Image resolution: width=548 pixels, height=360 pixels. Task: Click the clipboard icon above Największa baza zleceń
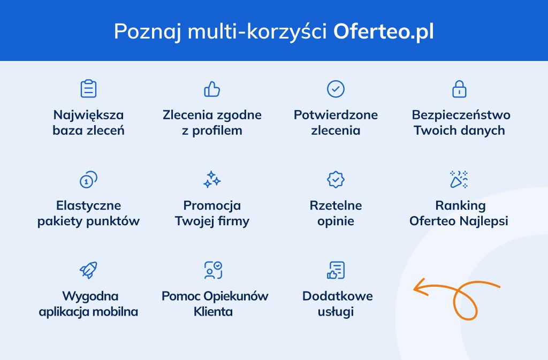[88, 89]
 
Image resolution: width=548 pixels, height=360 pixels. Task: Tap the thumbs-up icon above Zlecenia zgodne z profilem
[212, 89]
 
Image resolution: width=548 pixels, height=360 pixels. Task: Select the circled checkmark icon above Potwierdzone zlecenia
[336, 89]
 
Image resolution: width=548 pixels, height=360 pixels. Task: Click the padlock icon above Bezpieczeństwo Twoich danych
[459, 89]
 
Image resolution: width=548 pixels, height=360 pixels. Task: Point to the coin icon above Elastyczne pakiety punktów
[88, 180]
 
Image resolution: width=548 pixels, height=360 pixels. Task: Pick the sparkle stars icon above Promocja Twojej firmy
[212, 180]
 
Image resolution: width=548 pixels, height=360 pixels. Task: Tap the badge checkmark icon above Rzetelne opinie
[336, 180]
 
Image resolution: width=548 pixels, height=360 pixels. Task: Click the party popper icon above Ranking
[459, 180]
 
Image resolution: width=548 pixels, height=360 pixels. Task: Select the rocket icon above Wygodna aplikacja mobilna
[88, 270]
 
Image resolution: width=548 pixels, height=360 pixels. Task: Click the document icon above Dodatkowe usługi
[336, 270]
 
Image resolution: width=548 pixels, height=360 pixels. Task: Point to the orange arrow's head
[416, 289]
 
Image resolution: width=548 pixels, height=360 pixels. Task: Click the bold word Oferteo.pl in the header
[383, 31]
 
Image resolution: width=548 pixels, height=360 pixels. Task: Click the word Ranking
[460, 205]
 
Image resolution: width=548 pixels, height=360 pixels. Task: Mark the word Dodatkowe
[337, 296]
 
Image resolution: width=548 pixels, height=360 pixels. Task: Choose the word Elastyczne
[88, 205]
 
